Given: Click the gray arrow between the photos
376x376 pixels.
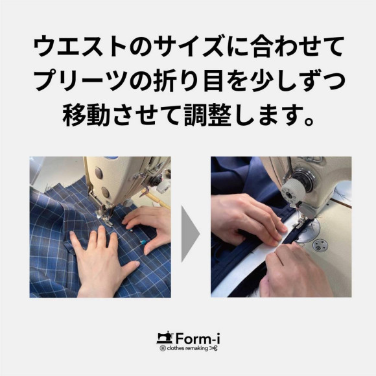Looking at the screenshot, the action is tap(189, 233).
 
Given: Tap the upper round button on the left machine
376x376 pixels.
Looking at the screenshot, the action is tap(99, 173).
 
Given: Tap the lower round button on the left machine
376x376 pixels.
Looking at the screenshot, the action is tap(105, 192).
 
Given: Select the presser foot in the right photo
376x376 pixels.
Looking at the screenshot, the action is tap(300, 222).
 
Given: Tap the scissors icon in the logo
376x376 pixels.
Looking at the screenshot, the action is tap(213, 348).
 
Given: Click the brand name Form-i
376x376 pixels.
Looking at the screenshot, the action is tap(198, 338).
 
